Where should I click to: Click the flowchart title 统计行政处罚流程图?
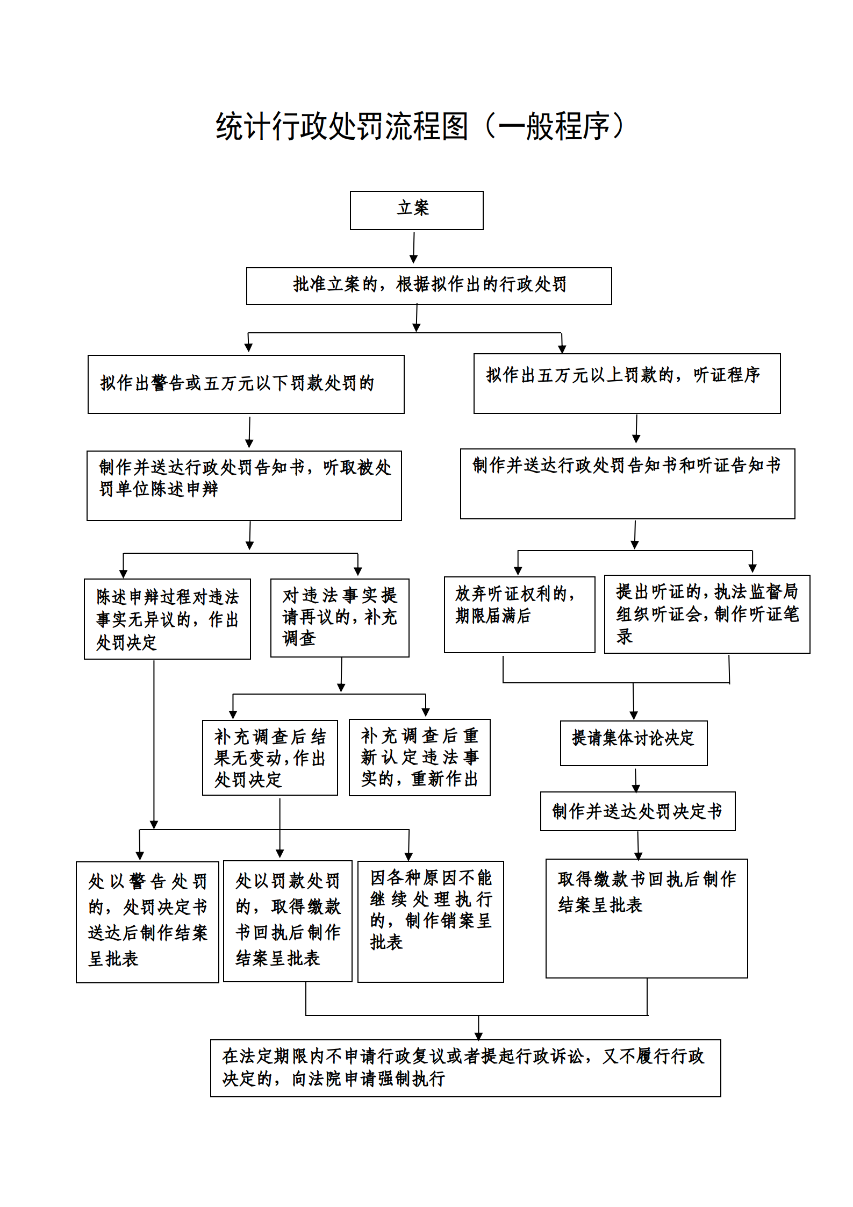pos(342,127)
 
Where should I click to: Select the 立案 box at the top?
pos(417,210)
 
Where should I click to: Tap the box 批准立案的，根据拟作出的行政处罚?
pos(429,286)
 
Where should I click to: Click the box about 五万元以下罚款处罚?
pos(246,384)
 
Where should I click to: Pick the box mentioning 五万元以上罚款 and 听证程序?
pos(627,383)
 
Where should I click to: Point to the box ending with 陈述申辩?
pos(244,485)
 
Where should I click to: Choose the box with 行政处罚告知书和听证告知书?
pos(628,484)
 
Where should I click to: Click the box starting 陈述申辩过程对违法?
pos(167,619)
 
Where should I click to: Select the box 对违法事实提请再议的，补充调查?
pos(340,618)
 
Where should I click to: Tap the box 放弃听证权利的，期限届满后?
pos(520,615)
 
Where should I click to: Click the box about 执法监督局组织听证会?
pos(707,614)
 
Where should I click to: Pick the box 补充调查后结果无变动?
pos(270,758)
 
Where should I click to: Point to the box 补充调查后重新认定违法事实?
pos(420,757)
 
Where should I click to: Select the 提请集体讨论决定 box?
pos(634,743)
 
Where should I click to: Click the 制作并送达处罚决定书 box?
pos(638,811)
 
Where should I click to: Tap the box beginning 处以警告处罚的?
pos(147,922)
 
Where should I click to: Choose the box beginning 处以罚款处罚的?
pos(288,921)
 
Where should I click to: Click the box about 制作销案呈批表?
pos(431,922)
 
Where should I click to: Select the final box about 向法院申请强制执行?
pos(465,1068)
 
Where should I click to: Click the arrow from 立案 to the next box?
pos(414,248)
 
